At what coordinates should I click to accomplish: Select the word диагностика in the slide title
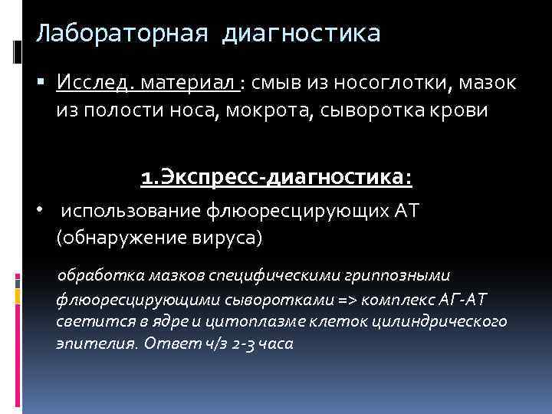(x=302, y=34)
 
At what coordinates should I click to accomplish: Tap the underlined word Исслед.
(x=89, y=81)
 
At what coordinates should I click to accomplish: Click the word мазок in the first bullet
(x=488, y=81)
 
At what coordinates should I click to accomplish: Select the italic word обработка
(x=98, y=274)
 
